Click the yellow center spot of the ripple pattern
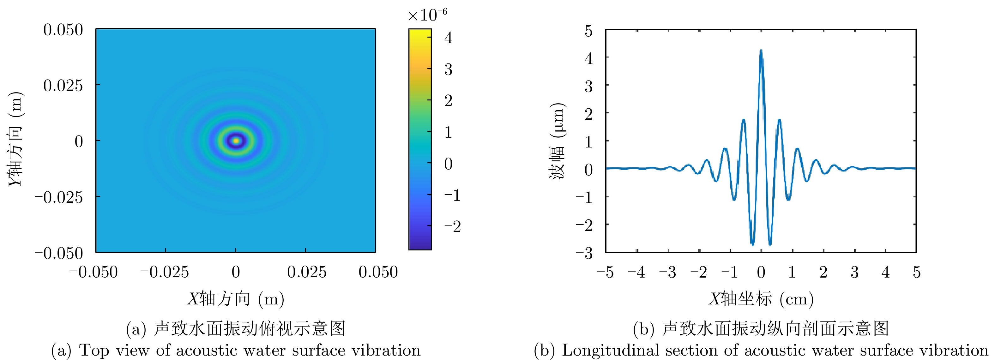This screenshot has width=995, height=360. tap(236, 141)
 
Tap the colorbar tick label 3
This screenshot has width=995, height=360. tap(448, 70)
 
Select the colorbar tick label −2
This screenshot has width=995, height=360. tap(452, 227)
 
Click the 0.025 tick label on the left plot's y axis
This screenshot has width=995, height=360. tap(63, 85)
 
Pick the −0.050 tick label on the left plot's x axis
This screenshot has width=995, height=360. tap(93, 272)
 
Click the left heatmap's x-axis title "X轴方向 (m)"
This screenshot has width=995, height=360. tap(236, 299)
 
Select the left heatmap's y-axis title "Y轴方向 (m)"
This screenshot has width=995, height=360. tap(16, 139)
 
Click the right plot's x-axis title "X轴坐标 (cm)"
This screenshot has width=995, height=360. tap(761, 299)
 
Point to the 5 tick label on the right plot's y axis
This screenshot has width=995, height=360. tap(588, 31)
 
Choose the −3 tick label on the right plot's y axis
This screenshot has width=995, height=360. tap(584, 253)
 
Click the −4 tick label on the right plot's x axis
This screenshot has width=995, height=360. tap(636, 272)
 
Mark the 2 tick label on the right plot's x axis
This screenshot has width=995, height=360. tap(823, 272)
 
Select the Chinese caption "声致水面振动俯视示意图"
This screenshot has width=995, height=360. tap(250, 328)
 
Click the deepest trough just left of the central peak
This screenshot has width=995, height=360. tap(752, 244)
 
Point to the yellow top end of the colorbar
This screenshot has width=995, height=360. tap(420, 33)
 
